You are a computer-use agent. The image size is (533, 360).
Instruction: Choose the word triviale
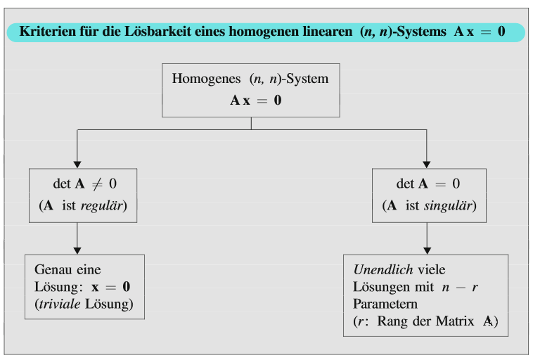coord(58,304)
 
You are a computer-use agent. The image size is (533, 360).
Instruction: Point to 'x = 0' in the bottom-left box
coord(110,288)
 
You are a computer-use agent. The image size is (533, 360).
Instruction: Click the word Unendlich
coord(383,270)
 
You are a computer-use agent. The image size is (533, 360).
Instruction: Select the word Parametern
coord(385,304)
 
